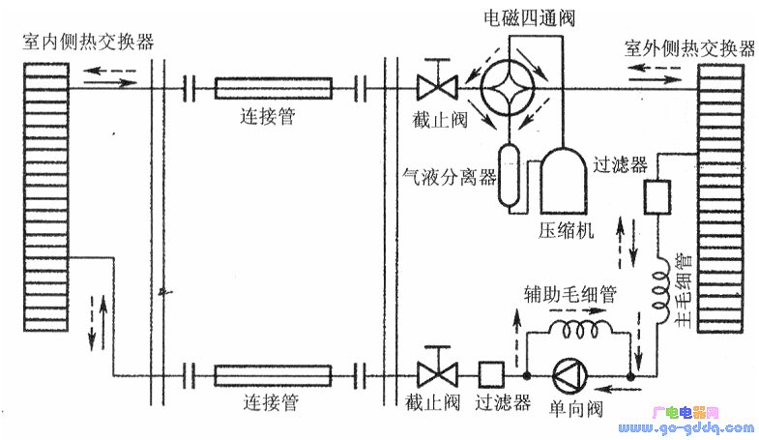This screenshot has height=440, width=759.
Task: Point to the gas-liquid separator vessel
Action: (508, 173)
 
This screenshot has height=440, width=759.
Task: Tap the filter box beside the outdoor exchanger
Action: (661, 197)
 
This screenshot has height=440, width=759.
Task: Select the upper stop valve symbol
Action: (432, 89)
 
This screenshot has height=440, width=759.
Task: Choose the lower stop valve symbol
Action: (432, 373)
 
